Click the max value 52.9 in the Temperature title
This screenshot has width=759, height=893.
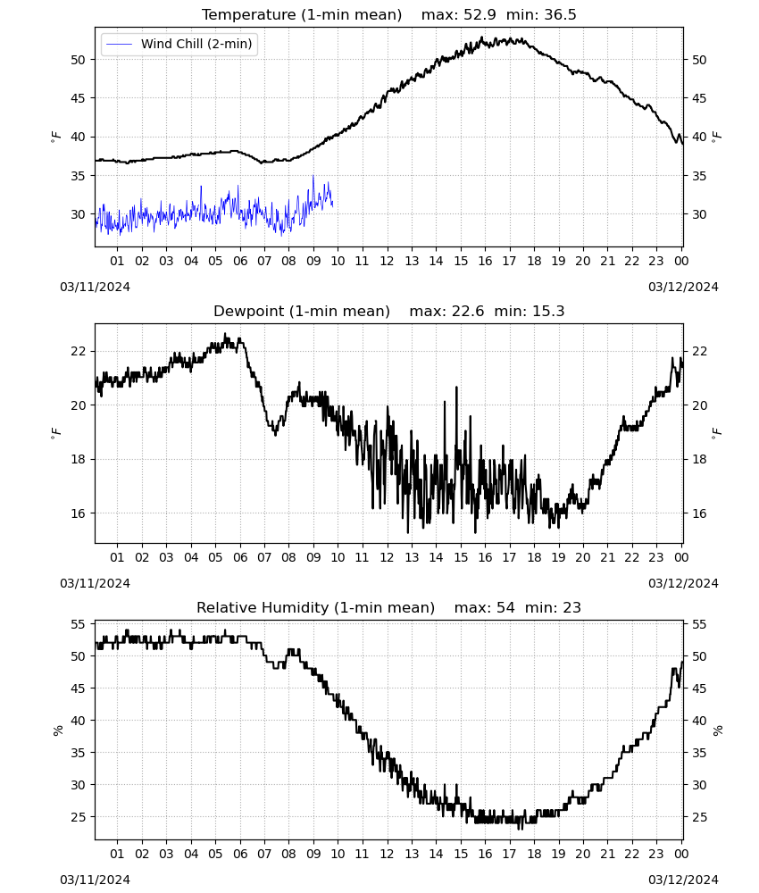click(480, 14)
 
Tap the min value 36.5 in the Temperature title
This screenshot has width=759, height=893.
click(560, 14)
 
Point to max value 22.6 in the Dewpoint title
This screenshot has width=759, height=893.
click(468, 311)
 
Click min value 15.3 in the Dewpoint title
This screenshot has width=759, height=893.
click(547, 311)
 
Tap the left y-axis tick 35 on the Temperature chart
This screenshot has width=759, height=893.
click(78, 176)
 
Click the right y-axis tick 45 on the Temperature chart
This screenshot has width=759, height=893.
click(699, 98)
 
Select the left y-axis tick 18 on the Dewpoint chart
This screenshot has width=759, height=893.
click(78, 460)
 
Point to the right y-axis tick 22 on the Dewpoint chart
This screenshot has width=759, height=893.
click(699, 351)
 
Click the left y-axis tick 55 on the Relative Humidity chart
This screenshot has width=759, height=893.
click(78, 625)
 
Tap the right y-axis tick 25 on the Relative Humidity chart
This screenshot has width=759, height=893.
click(699, 817)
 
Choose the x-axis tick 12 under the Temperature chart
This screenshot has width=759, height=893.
click(388, 261)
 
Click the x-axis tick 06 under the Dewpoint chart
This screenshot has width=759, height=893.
click(240, 557)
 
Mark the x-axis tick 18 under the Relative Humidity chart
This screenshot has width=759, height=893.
click(534, 854)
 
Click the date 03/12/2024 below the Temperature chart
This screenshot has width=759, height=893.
click(683, 287)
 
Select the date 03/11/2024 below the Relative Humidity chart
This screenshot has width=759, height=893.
click(95, 880)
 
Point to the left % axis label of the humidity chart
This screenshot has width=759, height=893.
click(57, 730)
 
